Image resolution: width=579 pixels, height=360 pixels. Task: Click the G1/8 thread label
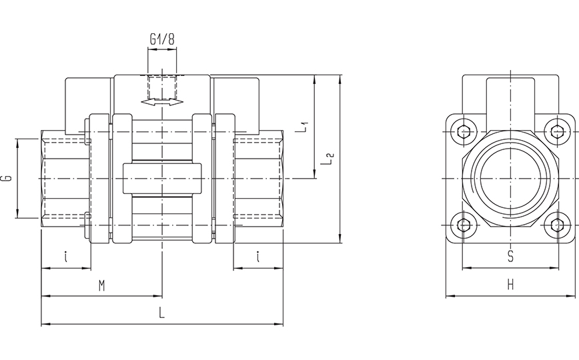(x=161, y=39)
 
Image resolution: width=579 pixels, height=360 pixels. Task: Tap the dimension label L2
(x=327, y=159)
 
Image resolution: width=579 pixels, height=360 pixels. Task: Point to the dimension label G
(x=6, y=178)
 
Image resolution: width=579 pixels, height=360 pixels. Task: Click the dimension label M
(x=101, y=286)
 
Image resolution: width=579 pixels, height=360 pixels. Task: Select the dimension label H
(x=510, y=285)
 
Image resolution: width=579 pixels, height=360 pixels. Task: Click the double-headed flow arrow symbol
(x=161, y=103)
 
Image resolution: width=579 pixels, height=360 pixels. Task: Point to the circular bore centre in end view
(x=510, y=179)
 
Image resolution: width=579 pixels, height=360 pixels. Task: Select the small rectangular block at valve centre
(x=161, y=179)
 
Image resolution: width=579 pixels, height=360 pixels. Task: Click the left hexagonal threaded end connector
(x=65, y=179)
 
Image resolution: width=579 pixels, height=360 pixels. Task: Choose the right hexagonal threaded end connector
(x=259, y=179)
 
